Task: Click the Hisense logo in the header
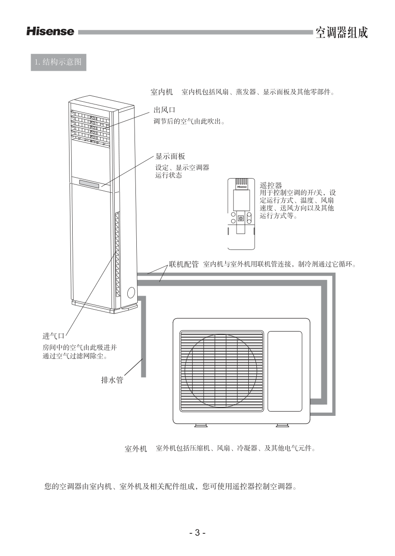51,32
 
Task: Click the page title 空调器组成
341,32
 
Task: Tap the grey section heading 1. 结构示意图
59,62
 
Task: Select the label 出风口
164,110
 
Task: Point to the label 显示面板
170,156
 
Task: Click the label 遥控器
271,185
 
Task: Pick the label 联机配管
184,264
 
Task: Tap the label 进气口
54,336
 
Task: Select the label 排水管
112,380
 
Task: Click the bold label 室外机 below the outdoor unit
135,449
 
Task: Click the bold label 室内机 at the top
162,92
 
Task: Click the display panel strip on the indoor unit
89,183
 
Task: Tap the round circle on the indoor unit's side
131,292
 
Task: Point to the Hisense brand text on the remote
242,187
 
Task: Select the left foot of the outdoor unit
200,425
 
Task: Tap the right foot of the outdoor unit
283,425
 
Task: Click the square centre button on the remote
241,218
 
